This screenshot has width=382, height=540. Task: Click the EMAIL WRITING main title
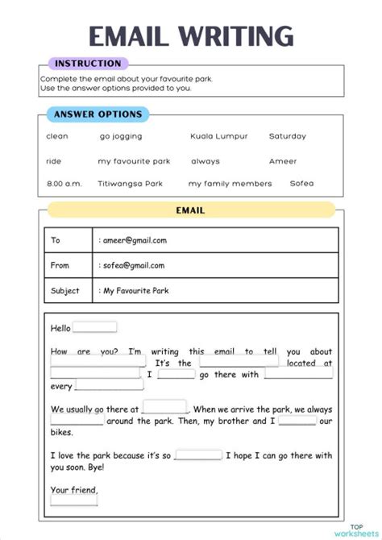[x=191, y=36]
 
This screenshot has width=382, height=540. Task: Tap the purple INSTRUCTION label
[x=87, y=64]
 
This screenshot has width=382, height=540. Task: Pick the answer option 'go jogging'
[x=121, y=137]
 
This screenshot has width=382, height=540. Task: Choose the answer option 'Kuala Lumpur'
[x=219, y=137]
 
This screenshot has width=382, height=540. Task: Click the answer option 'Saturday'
[x=288, y=137]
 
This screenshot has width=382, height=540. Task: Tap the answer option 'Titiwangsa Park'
[x=130, y=184]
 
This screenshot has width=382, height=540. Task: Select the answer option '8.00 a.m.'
[x=64, y=184]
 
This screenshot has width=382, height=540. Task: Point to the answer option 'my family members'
[x=230, y=184]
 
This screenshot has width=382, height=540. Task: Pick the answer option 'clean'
[x=57, y=137]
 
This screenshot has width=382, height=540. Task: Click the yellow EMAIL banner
[x=191, y=210]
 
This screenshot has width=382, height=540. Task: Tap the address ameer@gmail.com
[x=133, y=240]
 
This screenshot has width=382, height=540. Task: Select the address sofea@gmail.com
[x=132, y=265]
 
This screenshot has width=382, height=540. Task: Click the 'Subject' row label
[x=65, y=290]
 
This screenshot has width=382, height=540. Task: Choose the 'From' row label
[x=60, y=265]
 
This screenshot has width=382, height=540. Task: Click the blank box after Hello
[x=95, y=327]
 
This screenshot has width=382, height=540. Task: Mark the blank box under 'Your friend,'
[x=74, y=500]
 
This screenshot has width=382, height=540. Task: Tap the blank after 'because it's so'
[x=198, y=455]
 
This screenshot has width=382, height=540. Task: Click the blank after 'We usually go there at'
[x=165, y=407]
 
